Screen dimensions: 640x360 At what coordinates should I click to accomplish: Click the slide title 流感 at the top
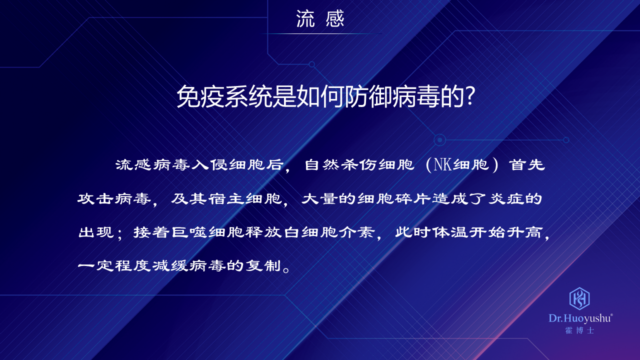pyautogui.click(x=320, y=19)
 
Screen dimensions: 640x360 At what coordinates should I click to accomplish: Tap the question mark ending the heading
pyautogui.click(x=470, y=96)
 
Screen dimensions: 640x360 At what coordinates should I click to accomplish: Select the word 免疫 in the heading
pyautogui.click(x=200, y=96)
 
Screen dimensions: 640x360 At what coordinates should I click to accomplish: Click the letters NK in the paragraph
pyautogui.click(x=443, y=165)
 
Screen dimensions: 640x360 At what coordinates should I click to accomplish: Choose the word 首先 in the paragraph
pyautogui.click(x=527, y=165)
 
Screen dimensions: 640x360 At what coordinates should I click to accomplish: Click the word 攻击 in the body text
pyautogui.click(x=95, y=198)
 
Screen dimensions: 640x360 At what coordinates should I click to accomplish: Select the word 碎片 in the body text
pyautogui.click(x=413, y=198)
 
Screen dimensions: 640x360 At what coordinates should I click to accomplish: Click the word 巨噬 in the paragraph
pyautogui.click(x=189, y=232)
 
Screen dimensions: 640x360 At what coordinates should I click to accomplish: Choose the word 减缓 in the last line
pyautogui.click(x=169, y=265)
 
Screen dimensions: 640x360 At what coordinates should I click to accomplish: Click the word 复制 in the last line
pyautogui.click(x=263, y=265)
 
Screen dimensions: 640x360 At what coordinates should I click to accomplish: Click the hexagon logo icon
pyautogui.click(x=579, y=298)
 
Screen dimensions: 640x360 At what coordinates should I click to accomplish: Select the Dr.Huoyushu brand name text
pyautogui.click(x=580, y=318)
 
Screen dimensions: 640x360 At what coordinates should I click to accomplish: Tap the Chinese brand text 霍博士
pyautogui.click(x=579, y=330)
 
